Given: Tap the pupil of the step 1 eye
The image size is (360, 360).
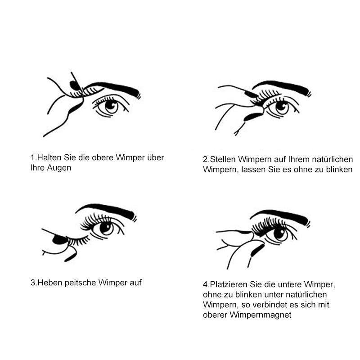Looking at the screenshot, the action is [x=111, y=106].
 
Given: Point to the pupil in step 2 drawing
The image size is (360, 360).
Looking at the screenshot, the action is [x=282, y=107].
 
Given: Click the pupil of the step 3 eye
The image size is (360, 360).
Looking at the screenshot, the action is [x=106, y=227].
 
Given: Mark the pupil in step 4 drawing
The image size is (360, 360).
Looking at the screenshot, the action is [x=280, y=234].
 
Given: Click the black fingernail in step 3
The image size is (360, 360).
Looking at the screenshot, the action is [x=60, y=240].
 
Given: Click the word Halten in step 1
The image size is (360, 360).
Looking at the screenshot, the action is [x=49, y=158].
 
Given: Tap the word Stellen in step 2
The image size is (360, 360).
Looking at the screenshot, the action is [x=223, y=159].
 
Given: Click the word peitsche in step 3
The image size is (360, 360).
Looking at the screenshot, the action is [x=80, y=283].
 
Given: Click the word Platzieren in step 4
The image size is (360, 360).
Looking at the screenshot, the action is [x=229, y=284].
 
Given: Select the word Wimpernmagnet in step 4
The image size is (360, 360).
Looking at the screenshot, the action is [x=261, y=315].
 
